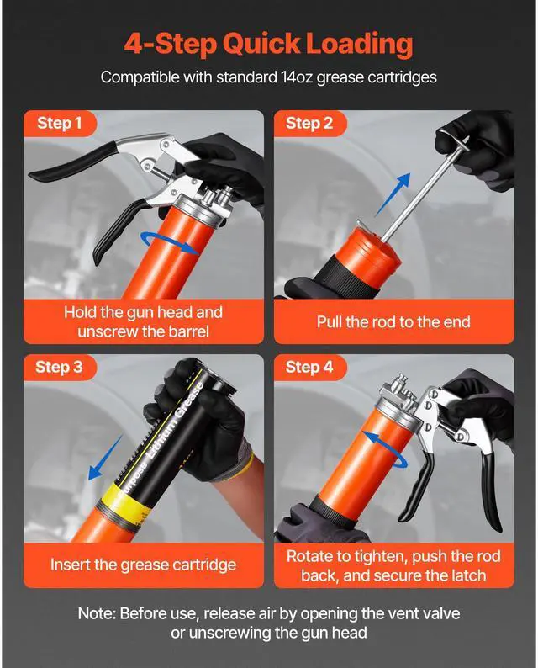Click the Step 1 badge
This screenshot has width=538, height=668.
click(x=59, y=123)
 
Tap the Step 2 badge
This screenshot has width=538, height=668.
click(x=309, y=123)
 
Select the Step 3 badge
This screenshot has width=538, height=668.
click(x=59, y=367)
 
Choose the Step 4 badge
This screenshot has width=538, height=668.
click(x=309, y=367)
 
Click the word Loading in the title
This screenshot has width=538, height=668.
click(x=360, y=45)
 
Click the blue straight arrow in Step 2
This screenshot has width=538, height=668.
click(x=393, y=194)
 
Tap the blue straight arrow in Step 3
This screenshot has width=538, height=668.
click(x=105, y=458)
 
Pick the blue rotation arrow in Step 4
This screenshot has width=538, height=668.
click(x=384, y=449)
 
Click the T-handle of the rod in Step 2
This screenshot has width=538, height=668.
click(x=454, y=140)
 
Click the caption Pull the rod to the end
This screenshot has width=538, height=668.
click(x=393, y=321)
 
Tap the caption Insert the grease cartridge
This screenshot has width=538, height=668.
click(x=143, y=565)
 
